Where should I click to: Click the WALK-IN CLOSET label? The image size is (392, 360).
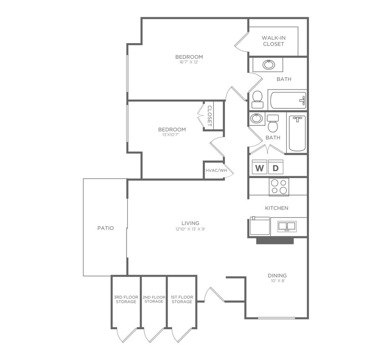(274, 41)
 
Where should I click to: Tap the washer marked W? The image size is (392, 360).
(259, 168)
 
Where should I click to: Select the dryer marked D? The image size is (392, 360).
(275, 168)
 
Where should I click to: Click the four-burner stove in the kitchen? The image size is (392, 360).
(279, 186)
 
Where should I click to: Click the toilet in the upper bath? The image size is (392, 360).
(257, 99)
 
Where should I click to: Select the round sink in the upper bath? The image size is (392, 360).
(268, 65)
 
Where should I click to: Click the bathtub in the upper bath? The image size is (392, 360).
(288, 100)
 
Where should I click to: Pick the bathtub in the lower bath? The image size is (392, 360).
(297, 134)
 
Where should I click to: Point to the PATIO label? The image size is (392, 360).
(106, 228)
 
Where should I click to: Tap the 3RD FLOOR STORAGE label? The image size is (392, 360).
(126, 299)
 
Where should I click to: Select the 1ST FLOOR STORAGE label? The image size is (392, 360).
(182, 299)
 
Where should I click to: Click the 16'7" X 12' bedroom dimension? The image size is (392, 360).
(189, 62)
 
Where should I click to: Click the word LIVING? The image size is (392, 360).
(190, 223)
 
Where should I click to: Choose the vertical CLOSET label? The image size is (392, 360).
(210, 116)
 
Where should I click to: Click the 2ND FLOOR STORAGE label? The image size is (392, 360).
(154, 299)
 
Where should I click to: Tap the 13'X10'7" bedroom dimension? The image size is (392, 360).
(172, 135)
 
